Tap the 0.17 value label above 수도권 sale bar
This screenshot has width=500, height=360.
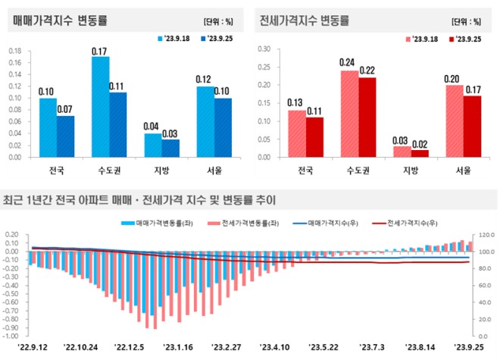tap(100, 50)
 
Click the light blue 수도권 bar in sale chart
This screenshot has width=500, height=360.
tap(100, 107)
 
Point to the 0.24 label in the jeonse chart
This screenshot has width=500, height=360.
tap(349, 63)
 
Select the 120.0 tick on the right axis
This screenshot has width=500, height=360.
tap(485, 235)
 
